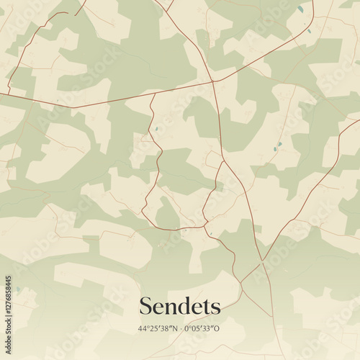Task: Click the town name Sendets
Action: click(179, 306)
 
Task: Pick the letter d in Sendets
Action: click(184, 306)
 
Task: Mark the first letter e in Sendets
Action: click(159, 307)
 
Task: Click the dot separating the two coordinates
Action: click(181, 329)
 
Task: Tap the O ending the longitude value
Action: click(219, 329)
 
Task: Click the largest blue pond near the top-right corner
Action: click(300, 9)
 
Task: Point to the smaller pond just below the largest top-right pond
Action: click(310, 30)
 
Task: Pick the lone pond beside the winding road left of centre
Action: click(154, 130)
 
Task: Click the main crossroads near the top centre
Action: click(213, 81)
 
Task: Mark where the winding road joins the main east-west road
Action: click(153, 94)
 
